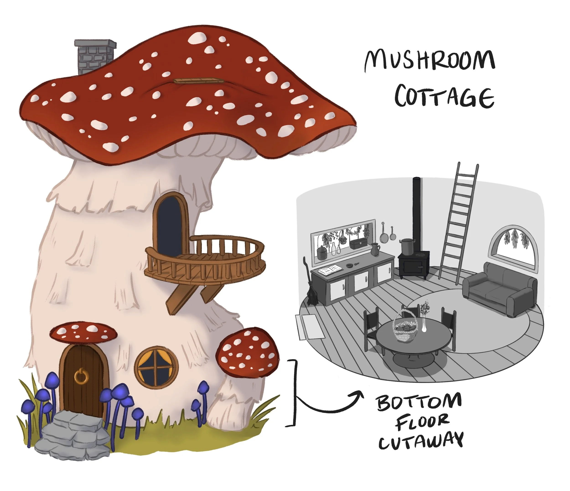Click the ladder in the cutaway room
pos(458,223)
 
